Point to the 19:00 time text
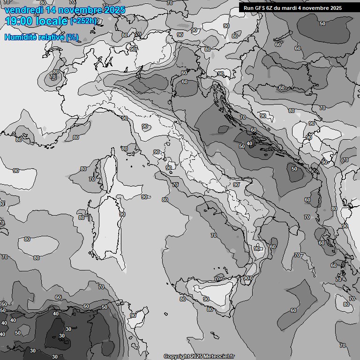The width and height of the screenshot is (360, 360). (x=18, y=21)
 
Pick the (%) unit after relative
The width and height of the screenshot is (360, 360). (x=72, y=37)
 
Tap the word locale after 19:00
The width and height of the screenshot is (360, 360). (x=51, y=21)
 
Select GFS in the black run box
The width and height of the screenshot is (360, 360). (x=258, y=8)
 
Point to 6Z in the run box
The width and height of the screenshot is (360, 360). (x=270, y=8)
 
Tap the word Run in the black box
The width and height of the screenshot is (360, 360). (x=248, y=8)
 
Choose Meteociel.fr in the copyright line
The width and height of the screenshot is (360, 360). (x=219, y=356)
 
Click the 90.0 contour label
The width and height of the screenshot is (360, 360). (x=247, y=278)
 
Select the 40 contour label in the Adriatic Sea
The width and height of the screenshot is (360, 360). (x=249, y=143)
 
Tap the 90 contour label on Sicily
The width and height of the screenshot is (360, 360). (x=206, y=299)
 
